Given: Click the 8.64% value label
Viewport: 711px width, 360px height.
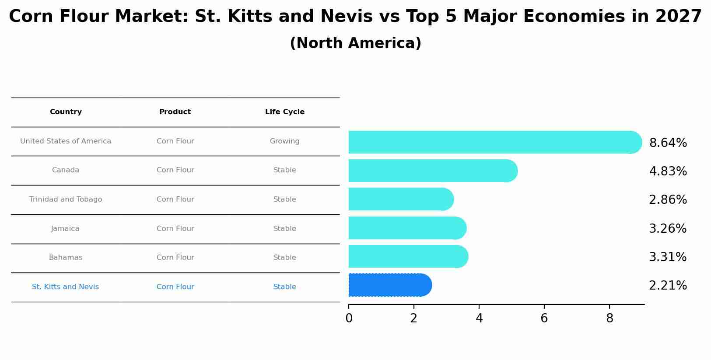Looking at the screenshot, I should [x=668, y=143].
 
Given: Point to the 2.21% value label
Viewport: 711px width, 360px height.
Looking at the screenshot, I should [x=668, y=286].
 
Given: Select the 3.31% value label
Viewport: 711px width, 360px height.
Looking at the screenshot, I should [x=668, y=257].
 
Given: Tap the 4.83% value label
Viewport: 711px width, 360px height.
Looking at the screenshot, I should [x=668, y=171].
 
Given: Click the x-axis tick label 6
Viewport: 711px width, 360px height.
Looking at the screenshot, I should [x=544, y=318].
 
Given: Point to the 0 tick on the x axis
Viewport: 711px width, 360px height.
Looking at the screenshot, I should [x=349, y=318].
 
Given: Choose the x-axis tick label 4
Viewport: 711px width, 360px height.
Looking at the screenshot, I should [x=479, y=318].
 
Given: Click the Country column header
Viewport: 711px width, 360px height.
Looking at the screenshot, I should [x=66, y=112].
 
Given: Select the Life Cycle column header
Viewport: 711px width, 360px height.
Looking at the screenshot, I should [x=285, y=112].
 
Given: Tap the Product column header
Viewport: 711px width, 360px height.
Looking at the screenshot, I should [x=175, y=112].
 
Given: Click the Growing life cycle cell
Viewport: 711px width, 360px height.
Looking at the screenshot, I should [x=284, y=141].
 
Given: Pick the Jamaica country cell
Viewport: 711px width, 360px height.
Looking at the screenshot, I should [x=65, y=229].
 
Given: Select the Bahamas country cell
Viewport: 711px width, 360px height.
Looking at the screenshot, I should [x=66, y=258].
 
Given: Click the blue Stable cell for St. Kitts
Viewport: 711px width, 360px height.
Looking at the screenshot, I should [x=284, y=287].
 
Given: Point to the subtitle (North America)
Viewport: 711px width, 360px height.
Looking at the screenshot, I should [x=355, y=43].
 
